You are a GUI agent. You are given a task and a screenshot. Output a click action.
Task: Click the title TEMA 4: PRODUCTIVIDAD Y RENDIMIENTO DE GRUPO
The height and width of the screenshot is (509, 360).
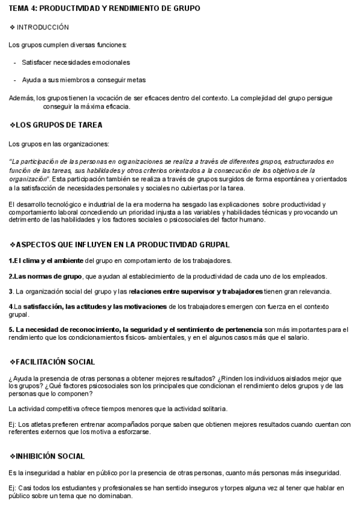104,8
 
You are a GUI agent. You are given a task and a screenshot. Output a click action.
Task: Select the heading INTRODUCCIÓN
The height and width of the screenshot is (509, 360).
43,28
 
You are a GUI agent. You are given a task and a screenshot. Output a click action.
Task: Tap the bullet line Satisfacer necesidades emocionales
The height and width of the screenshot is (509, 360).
76,62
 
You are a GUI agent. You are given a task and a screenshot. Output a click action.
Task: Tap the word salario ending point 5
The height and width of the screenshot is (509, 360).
297,337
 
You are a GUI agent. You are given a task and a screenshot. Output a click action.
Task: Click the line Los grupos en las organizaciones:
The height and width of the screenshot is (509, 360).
59,144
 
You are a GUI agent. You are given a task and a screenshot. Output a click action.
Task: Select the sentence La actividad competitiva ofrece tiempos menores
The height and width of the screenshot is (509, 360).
118,409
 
